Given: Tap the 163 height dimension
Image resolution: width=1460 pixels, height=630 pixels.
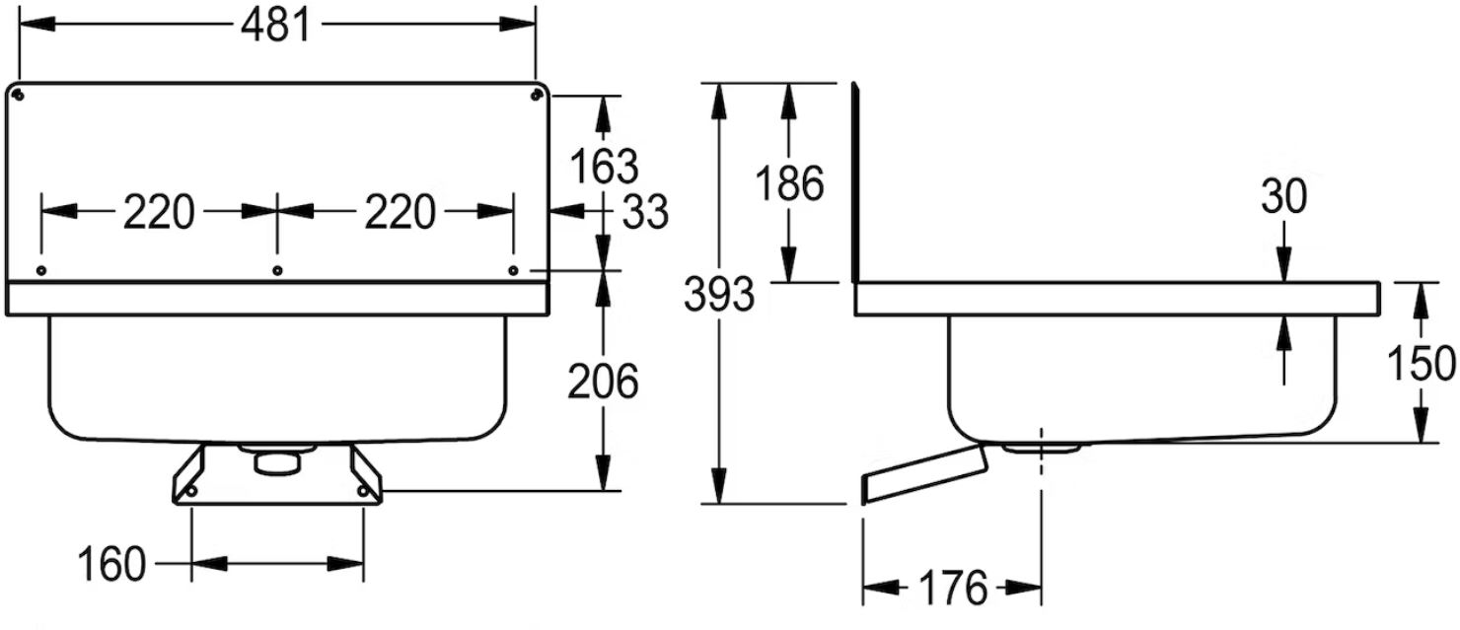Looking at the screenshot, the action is (x=604, y=166).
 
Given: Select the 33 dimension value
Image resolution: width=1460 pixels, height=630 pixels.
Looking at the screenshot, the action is (x=645, y=212).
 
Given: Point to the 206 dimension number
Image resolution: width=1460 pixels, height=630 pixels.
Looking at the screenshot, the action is (x=603, y=382).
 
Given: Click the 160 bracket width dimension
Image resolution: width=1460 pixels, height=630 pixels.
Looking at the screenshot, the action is (x=111, y=564).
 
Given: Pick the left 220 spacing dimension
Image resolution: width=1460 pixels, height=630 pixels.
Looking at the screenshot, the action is (x=159, y=212).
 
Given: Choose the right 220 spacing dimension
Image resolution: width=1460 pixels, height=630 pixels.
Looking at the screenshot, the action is (x=400, y=212).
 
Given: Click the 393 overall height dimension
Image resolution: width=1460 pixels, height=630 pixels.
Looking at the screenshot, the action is (x=719, y=294).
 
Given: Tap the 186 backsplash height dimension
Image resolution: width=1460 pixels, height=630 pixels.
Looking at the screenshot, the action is (x=789, y=183).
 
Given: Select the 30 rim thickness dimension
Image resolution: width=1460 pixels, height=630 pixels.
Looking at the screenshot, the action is (x=1284, y=196).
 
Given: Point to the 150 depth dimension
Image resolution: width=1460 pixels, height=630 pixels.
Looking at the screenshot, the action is (x=1421, y=364).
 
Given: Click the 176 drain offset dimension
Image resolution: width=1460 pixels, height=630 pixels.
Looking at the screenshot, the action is (x=953, y=588).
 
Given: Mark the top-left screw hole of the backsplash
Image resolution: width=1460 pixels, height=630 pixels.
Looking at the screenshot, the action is (x=19, y=95).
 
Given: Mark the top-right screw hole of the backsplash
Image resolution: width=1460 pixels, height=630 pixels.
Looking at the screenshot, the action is (x=536, y=95).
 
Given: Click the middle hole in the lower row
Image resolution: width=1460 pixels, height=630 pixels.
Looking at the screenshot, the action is (x=277, y=270).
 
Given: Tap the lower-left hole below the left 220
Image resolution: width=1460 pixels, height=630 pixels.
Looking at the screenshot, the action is (x=41, y=270).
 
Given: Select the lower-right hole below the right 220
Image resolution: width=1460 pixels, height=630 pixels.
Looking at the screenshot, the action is (x=513, y=270).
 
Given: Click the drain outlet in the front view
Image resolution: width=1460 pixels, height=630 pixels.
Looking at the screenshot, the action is (x=276, y=458).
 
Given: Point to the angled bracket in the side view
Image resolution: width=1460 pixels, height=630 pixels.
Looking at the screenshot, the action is (x=924, y=474).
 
